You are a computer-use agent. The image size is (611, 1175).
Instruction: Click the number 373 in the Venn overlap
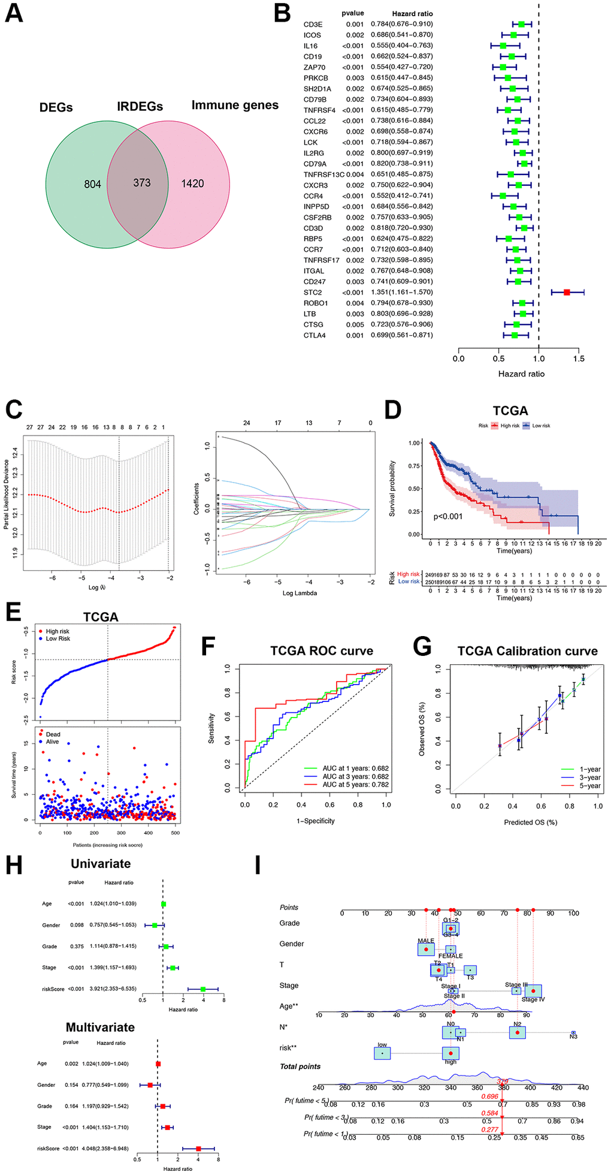coord(142,183)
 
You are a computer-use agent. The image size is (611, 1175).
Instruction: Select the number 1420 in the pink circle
coord(193,183)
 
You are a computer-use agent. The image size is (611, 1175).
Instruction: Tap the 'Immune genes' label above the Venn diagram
coord(235,106)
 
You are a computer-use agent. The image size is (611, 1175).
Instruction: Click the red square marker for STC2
coord(567,292)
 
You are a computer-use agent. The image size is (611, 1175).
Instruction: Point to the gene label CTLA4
coord(314,336)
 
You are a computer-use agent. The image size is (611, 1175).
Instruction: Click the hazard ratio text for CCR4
coord(401,196)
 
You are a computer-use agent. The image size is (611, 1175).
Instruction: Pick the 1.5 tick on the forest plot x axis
coord(579,359)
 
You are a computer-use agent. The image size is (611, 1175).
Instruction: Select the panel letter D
coord(393,410)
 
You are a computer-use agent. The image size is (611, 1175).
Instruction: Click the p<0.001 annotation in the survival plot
coord(448,516)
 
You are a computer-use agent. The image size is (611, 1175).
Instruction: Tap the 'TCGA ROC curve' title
coord(322,651)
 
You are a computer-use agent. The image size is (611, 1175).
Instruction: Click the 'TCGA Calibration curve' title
coord(527,651)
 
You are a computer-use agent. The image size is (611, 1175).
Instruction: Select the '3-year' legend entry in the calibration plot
coord(589,778)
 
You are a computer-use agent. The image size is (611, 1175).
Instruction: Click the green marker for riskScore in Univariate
coord(203,989)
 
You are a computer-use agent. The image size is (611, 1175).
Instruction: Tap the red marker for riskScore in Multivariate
coord(198,1148)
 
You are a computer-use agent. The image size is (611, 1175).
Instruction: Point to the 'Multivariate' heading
coord(100,1027)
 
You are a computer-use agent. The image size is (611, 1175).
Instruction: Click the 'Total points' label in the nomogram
coord(300,1066)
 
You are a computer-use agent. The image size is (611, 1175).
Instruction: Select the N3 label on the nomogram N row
coord(573,1037)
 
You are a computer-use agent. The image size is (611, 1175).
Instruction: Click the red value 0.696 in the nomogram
coord(489,1096)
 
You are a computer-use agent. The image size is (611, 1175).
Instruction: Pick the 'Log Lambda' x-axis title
coord(300,593)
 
